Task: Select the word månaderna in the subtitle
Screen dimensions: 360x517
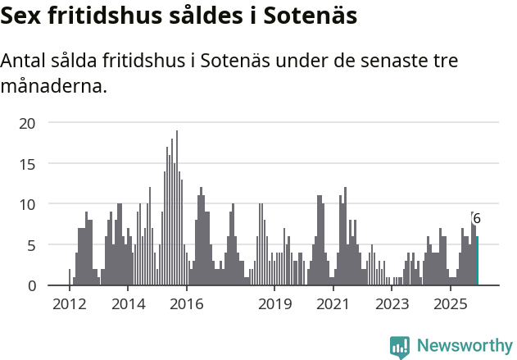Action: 54,85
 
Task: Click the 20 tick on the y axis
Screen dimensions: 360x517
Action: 28,123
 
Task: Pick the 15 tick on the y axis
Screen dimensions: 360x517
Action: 28,164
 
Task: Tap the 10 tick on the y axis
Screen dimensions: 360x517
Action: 28,204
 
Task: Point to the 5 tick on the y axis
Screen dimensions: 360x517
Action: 32,245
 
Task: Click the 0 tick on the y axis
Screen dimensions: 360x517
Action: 32,285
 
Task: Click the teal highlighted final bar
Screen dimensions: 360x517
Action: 477,261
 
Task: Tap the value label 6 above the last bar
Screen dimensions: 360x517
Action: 477,220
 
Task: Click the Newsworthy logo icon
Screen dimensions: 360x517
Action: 400,347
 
